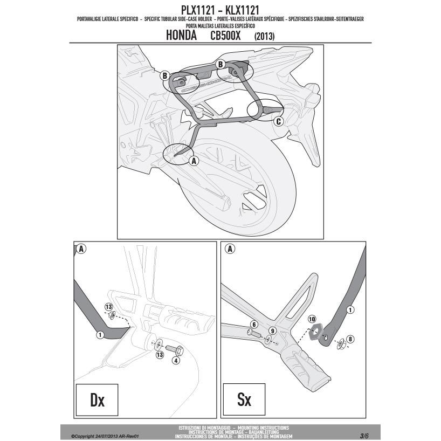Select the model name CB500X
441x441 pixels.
pos(226,36)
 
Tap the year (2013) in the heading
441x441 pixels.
pos(264,37)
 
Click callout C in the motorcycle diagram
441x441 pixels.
pos(278,121)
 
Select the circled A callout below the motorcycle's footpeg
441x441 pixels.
pos(194,161)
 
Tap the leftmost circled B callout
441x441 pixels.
pos(165,75)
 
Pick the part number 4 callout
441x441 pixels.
pos(175,361)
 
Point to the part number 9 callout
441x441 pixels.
pos(272,330)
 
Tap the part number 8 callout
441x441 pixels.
pos(351,339)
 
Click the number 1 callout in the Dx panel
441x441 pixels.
pos(100,335)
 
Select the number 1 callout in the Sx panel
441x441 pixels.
pos(350,309)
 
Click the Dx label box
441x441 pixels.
pos(97,399)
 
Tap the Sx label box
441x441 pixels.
pos(244,399)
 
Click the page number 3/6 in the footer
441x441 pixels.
pos(364,435)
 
